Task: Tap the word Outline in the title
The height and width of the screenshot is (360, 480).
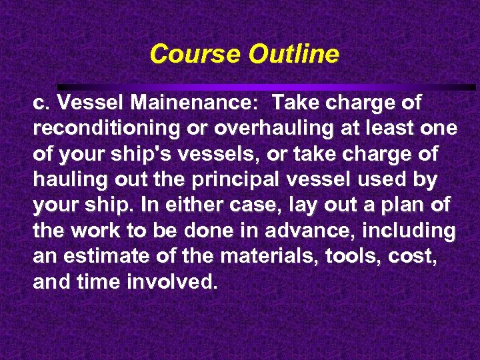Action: [x=293, y=53]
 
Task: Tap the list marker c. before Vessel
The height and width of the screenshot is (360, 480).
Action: [x=41, y=103]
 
